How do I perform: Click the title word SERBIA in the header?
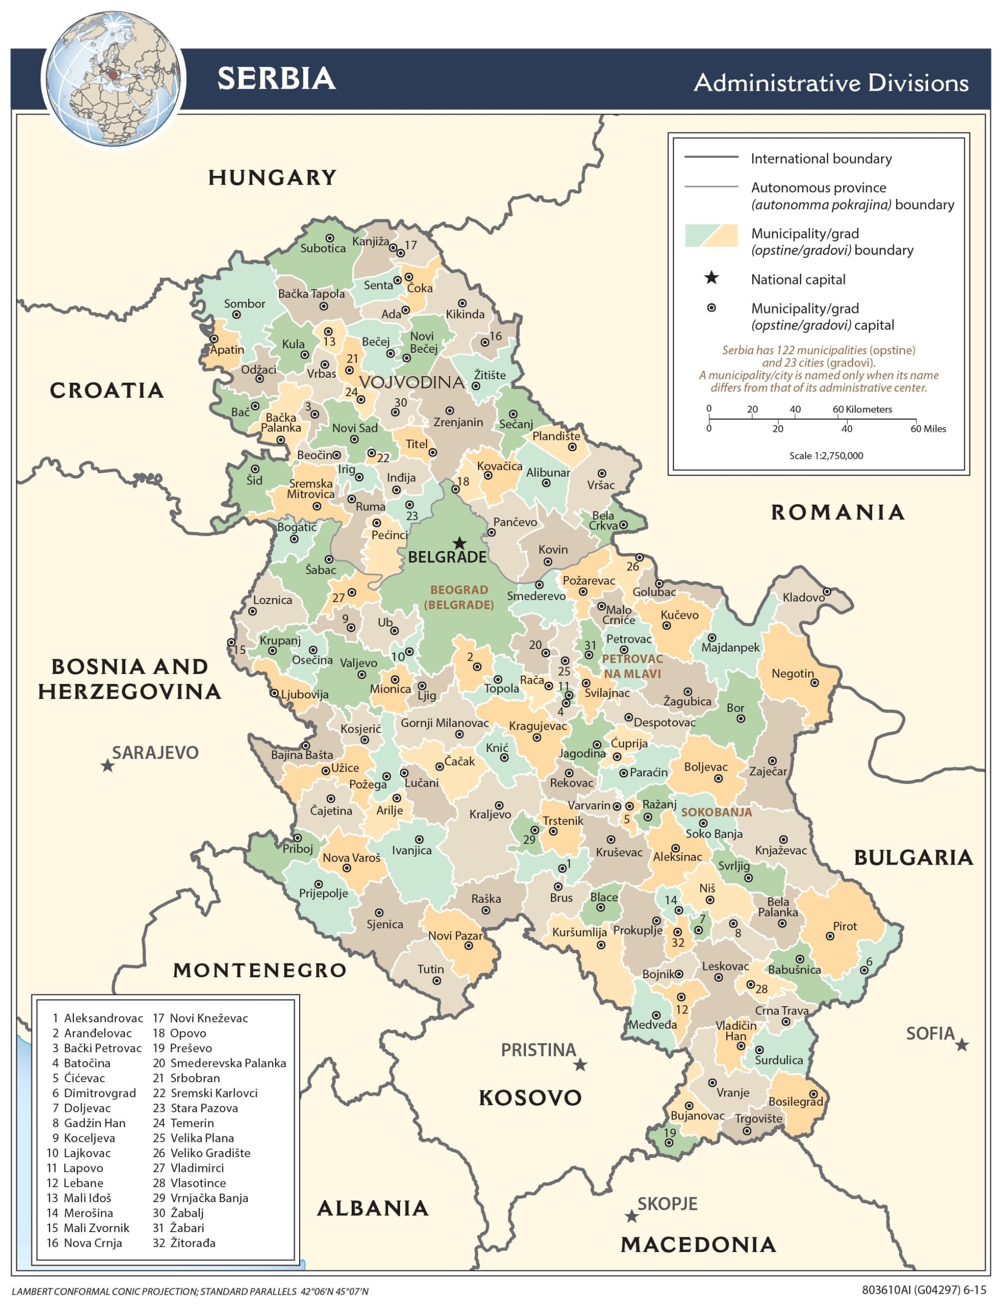pos(276,78)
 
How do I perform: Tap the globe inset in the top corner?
pos(113,79)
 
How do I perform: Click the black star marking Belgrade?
pos(459,543)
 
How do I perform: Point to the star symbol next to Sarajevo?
pos(108,765)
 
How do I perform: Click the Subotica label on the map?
pos(323,248)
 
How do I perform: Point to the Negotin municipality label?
pos(792,673)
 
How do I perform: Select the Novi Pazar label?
pos(455,936)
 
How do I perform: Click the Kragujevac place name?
pos(537,726)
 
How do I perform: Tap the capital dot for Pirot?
pos(830,936)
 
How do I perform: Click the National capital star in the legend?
pos(711,278)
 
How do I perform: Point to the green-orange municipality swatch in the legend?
pos(711,236)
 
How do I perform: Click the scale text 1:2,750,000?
pos(826,456)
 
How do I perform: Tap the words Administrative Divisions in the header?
pos(831,83)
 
